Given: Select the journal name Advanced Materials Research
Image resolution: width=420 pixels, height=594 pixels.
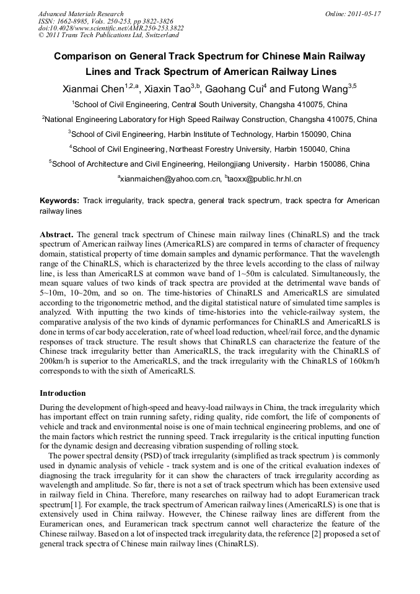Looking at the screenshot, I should tap(81, 14).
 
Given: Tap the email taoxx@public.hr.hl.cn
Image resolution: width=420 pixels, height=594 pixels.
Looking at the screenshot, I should tap(265, 179).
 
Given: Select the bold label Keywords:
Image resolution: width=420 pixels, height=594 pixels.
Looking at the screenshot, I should tap(59, 201).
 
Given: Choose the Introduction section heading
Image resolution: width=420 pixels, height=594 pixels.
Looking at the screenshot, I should tap(63, 393).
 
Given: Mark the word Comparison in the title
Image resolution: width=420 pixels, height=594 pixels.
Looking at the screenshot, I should tap(86, 56).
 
